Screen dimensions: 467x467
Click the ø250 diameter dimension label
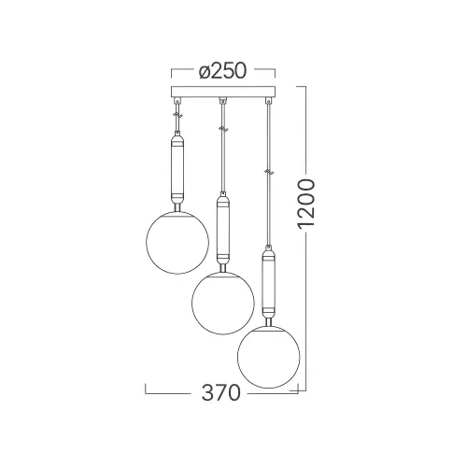point(223,71)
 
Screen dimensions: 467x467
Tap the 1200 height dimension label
point(306,204)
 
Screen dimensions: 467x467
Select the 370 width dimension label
point(221,392)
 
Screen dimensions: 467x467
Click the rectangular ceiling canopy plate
point(223,92)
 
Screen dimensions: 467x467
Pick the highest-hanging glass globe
point(177,243)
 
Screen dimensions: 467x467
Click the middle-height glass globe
point(223,304)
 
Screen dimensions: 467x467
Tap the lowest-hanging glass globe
point(269,357)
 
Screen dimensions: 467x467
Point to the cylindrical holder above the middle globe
point(223,228)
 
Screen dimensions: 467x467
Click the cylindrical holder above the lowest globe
point(269,281)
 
